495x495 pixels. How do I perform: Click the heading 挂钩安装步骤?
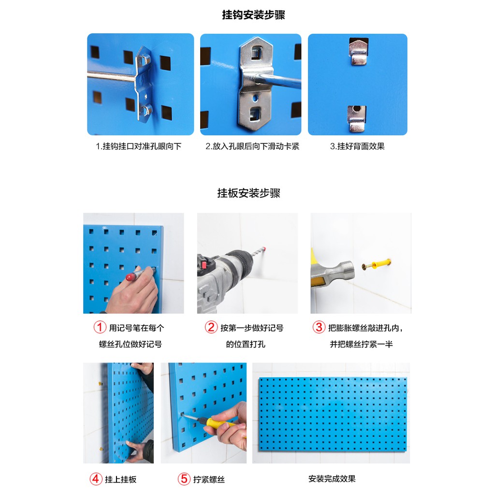253,15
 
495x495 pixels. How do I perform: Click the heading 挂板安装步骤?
249,193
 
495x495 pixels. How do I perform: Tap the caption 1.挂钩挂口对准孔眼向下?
139,146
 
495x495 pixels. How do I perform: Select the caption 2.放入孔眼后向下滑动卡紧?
252,146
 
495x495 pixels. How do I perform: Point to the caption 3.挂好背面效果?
357,146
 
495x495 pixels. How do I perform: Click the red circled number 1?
100,327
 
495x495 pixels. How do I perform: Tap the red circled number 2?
211,327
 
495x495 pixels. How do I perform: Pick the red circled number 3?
319,327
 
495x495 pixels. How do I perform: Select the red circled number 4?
96,479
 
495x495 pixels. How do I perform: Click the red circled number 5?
184,479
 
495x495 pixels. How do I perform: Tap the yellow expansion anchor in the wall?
381,263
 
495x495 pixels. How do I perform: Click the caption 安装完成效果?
332,479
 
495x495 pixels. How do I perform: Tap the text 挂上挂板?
120,480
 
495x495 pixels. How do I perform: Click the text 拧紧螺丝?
209,480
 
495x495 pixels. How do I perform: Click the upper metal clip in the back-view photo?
358,52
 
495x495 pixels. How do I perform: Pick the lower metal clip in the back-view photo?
357,118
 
